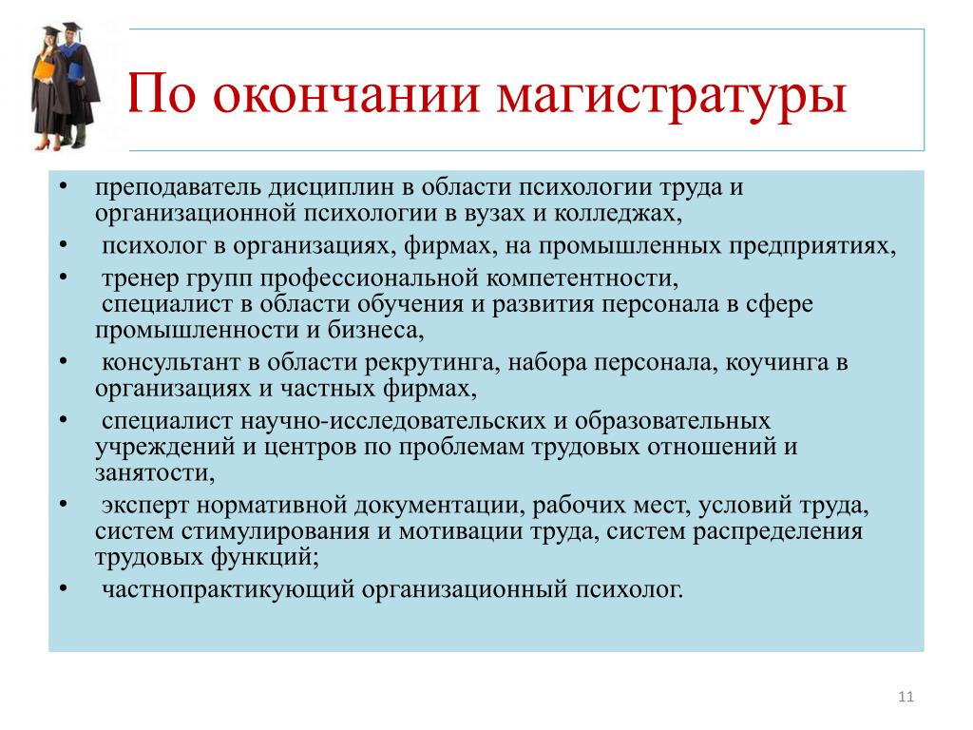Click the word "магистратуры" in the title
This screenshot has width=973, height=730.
pos(672,96)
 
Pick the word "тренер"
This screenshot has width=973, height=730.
pos(140,279)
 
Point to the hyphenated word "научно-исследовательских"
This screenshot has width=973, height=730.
pos(395,421)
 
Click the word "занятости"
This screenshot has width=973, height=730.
pos(152,473)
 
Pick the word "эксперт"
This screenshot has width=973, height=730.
pos(145,506)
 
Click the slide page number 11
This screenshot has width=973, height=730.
pos(906,697)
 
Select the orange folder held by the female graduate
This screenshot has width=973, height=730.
pos(44,67)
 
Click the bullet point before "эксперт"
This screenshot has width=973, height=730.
pos(64,504)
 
